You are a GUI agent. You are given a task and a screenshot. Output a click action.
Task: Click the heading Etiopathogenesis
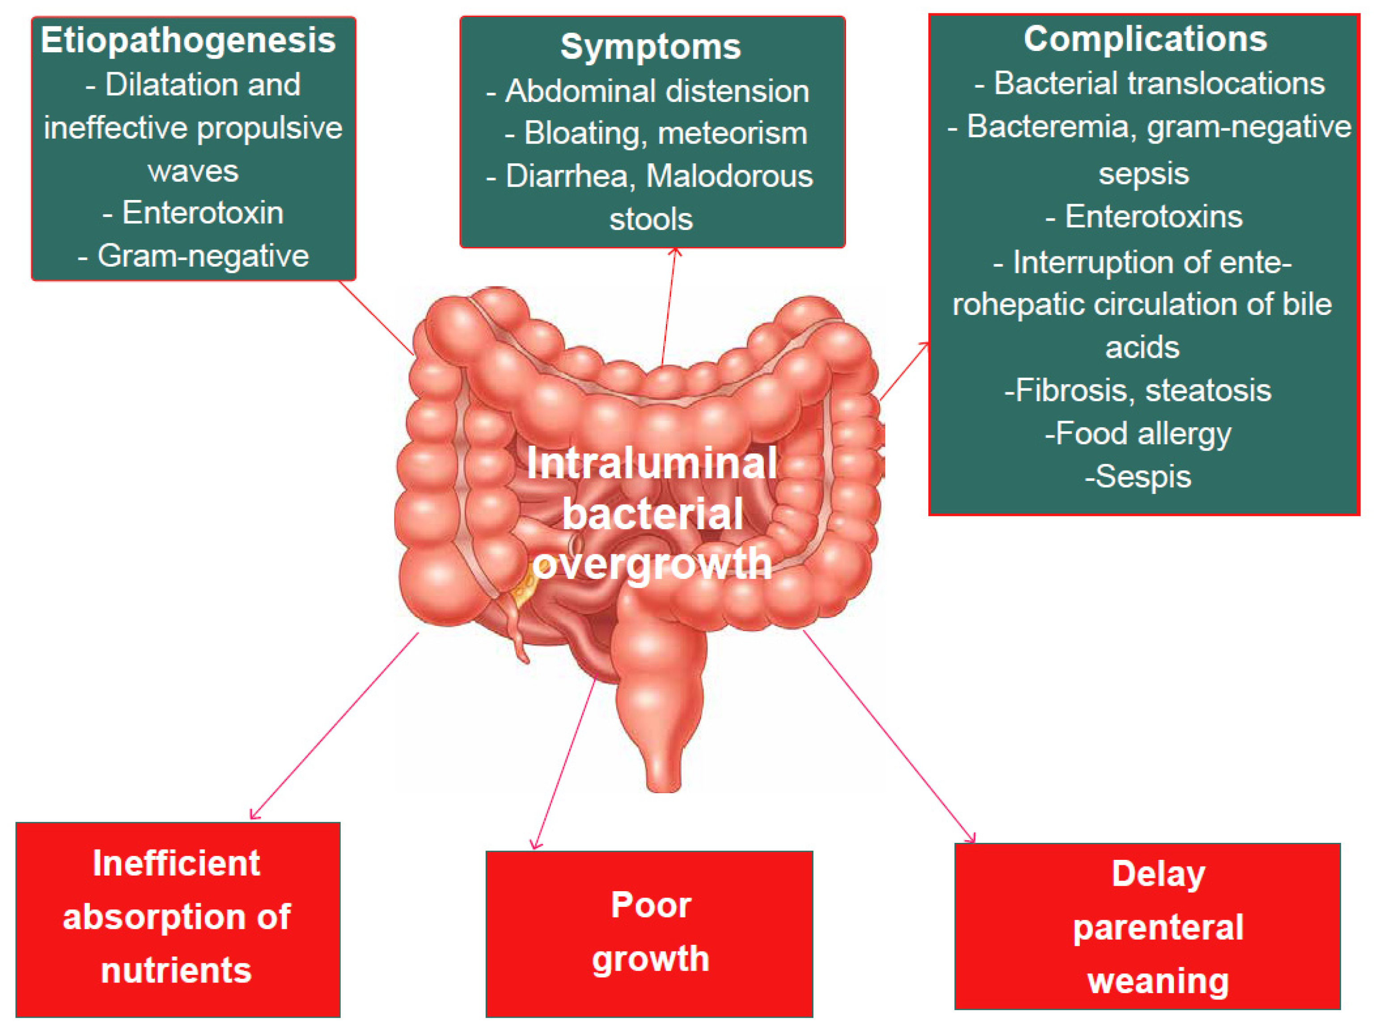pos(188,40)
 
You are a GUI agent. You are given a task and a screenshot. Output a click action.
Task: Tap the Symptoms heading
pos(651,47)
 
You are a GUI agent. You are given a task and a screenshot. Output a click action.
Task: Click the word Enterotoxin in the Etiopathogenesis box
pos(203,213)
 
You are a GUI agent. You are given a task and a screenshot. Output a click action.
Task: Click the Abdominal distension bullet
pos(648,91)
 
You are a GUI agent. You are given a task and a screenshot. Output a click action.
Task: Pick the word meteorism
pos(732,133)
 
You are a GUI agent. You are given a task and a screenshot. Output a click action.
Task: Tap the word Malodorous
pos(729,176)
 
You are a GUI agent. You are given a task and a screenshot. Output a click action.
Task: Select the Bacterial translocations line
pos(1150,83)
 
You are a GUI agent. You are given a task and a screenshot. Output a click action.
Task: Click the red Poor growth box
pos(649,933)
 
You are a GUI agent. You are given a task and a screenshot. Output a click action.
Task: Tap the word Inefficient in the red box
pos(176,864)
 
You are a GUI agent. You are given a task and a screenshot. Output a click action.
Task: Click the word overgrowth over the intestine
pos(652,563)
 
